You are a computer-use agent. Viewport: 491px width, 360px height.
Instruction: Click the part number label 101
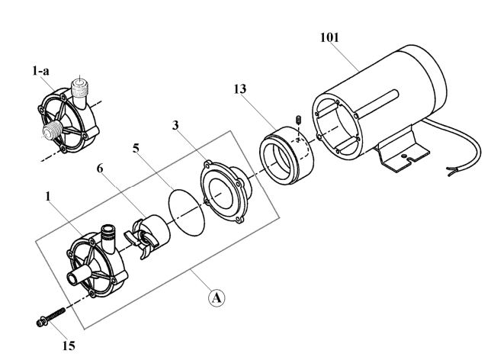tap(329, 37)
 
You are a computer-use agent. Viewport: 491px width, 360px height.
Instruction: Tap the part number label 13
tap(240, 89)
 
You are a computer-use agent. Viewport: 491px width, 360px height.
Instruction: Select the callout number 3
tap(175, 125)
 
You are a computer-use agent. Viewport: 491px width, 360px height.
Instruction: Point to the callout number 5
tap(136, 148)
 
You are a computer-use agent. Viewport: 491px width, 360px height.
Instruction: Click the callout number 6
tap(100, 169)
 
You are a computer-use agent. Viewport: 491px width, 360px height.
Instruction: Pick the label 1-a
tap(40, 71)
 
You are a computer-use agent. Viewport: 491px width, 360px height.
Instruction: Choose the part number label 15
tap(69, 346)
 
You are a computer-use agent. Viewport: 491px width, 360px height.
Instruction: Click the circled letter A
tap(217, 297)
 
